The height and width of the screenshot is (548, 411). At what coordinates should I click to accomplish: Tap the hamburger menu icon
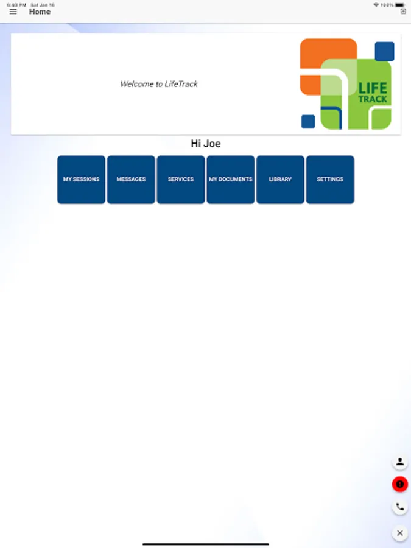[x=13, y=12]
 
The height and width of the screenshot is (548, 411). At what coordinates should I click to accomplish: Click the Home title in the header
[x=40, y=12]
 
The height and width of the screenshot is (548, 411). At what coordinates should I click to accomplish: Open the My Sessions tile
[x=81, y=180]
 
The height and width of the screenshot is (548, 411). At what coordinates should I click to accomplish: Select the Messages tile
[x=131, y=180]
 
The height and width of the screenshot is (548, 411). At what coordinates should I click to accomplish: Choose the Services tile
[x=181, y=180]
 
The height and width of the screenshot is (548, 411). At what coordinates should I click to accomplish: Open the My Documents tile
[x=231, y=180]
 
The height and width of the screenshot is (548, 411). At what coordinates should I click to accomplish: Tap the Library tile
[x=280, y=180]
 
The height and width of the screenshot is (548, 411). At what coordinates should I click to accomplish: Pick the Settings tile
[x=330, y=180]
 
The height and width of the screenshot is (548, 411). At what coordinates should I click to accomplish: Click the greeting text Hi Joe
[x=205, y=144]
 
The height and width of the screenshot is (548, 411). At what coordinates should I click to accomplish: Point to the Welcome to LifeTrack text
[x=159, y=84]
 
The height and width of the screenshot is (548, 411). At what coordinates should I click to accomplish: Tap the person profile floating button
[x=399, y=462]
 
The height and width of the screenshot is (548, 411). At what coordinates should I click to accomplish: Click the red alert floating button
[x=399, y=484]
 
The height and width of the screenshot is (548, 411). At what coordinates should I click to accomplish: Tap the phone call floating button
[x=399, y=507]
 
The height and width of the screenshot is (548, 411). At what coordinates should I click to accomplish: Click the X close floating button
[x=399, y=533]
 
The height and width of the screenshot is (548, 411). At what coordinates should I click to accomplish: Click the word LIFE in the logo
[x=373, y=88]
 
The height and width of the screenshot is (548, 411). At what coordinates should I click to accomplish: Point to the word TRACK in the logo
[x=373, y=99]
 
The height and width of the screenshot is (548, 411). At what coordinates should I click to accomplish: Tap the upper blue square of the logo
[x=384, y=51]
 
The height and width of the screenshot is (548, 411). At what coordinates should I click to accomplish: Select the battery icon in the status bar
[x=400, y=5]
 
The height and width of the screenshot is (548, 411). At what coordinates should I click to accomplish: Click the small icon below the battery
[x=403, y=12]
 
